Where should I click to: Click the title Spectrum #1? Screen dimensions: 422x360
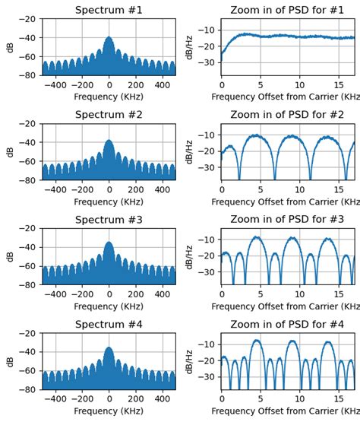point(109,10)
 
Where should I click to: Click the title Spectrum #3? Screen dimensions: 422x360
point(109,220)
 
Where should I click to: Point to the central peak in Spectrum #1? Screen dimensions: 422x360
point(109,38)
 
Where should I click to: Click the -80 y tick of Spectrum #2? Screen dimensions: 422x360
point(29,180)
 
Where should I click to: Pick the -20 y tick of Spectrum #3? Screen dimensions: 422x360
point(29,228)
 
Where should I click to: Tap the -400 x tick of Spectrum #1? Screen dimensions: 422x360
point(55,86)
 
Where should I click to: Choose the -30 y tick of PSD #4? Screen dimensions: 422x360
point(208,376)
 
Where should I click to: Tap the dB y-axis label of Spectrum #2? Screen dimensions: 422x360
point(10,152)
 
